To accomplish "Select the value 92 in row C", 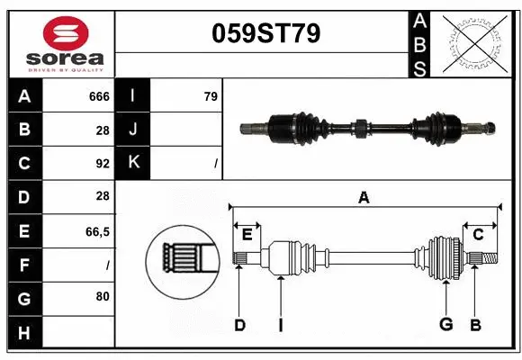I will pos(102,164).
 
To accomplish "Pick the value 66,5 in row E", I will pos(97,231).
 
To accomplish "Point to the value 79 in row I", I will pos(211,95).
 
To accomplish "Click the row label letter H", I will pos(23,334).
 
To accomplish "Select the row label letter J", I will pos(133,130).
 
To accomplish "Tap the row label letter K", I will pos(133,163).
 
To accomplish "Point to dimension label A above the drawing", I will pos(364,197).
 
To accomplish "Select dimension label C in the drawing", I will pos(478,234).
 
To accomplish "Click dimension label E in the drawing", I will pos(247,234).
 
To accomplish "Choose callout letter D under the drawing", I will pos(239,325).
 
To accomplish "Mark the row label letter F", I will pos(23,265).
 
